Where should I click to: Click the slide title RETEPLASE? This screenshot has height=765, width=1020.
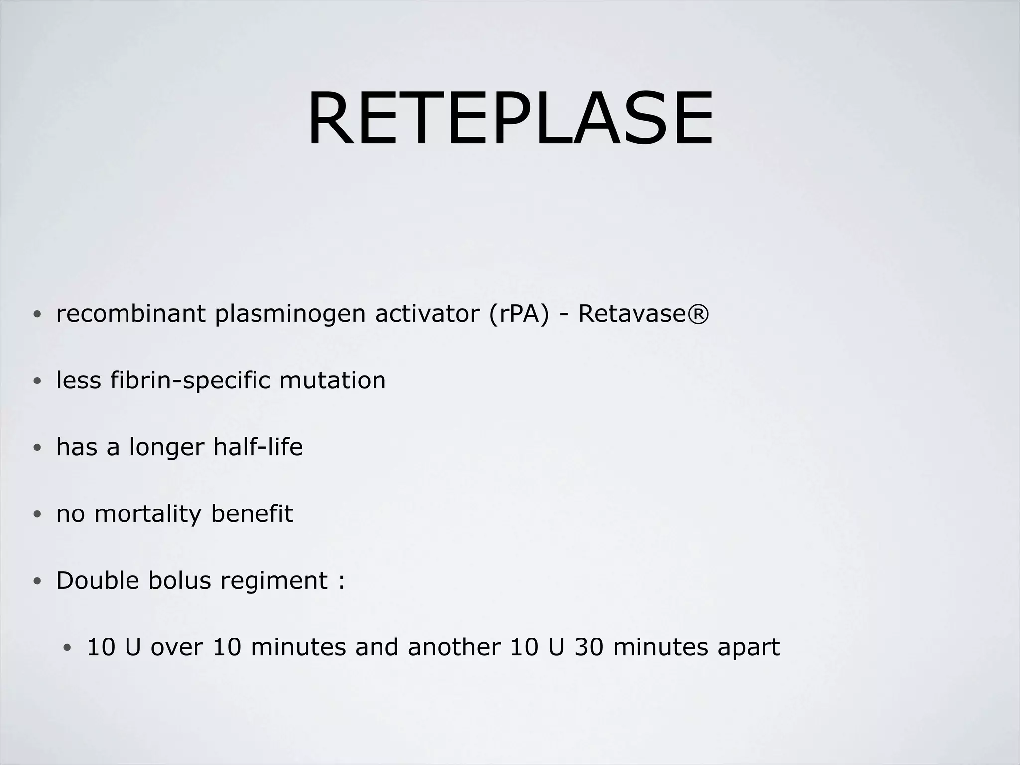point(510,120)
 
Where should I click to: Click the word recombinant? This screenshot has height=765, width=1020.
point(130,314)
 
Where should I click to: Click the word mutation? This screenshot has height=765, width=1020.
point(332,381)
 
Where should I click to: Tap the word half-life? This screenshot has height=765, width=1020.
point(257,446)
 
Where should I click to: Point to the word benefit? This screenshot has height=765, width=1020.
point(252,513)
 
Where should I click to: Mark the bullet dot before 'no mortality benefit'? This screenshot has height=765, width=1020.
point(37,515)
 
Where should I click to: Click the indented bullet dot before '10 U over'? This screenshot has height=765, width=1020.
point(68,648)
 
